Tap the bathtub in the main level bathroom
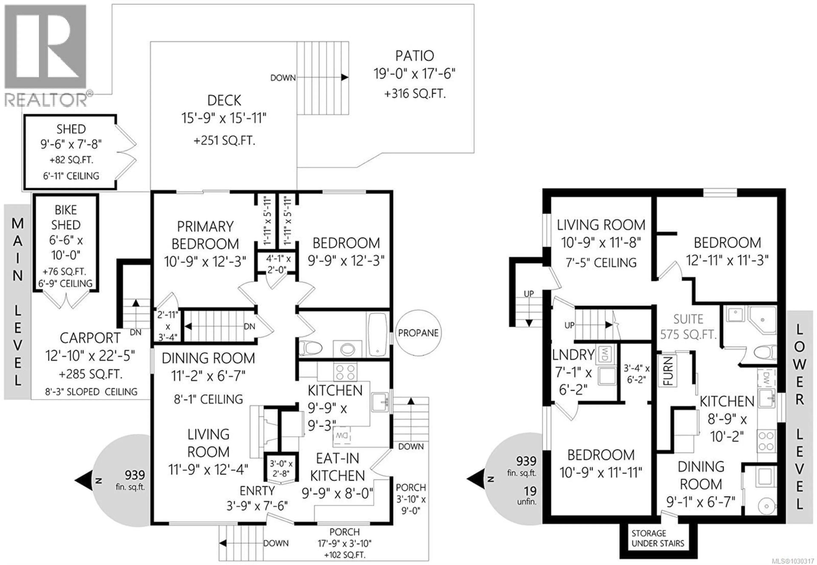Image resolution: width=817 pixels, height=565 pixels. [377, 334]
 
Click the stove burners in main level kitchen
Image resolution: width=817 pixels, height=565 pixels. [345, 372]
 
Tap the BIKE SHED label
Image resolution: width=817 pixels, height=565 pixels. [66, 217]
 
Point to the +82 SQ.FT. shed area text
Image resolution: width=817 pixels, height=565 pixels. [71, 160]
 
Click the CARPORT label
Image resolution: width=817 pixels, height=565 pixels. [90, 338]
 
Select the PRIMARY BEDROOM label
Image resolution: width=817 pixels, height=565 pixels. [205, 235]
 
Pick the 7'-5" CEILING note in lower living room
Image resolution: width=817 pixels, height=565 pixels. [601, 263]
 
